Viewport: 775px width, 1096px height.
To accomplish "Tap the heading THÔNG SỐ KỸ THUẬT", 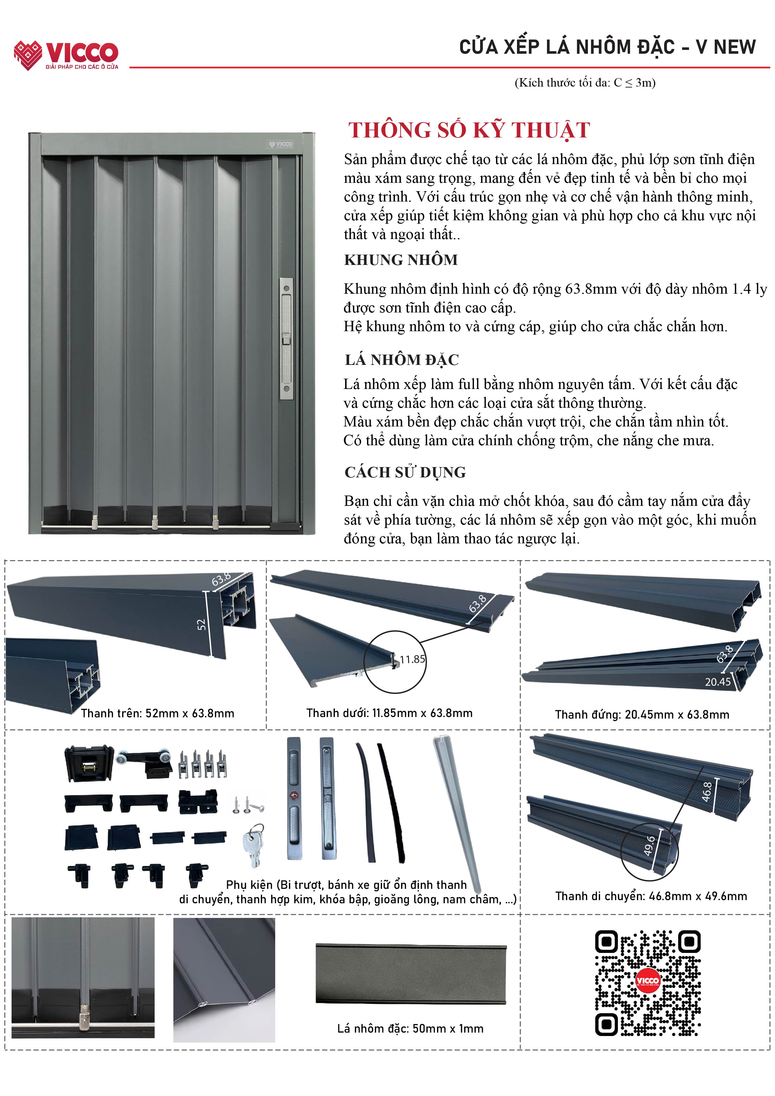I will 469,130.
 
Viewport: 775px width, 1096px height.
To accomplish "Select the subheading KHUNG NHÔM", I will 401,260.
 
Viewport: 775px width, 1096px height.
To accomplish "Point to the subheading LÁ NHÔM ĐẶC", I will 402,360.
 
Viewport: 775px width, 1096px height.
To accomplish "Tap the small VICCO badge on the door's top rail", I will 280,144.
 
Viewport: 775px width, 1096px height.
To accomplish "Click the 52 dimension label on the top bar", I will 201,624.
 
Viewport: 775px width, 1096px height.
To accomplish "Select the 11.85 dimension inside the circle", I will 412,659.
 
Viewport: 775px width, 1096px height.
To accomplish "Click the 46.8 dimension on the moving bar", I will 707,791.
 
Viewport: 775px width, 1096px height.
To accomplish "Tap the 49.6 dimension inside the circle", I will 649,845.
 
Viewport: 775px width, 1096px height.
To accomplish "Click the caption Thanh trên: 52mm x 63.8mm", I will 157,713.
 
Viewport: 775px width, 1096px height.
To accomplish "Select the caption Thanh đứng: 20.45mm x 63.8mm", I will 642,715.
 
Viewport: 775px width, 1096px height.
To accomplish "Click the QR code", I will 648,983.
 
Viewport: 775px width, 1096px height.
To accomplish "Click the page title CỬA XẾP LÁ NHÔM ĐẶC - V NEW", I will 607,47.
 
